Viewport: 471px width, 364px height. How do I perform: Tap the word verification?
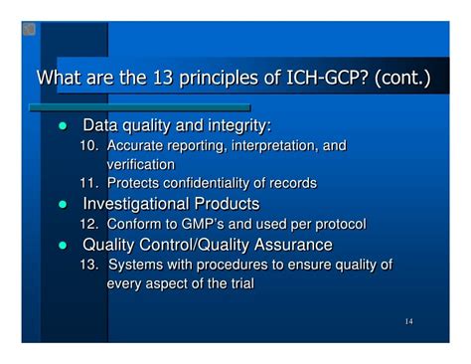pyautogui.click(x=140, y=164)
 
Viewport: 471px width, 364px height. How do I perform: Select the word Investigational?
pyautogui.click(x=139, y=203)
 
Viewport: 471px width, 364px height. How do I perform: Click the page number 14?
pyautogui.click(x=409, y=322)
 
